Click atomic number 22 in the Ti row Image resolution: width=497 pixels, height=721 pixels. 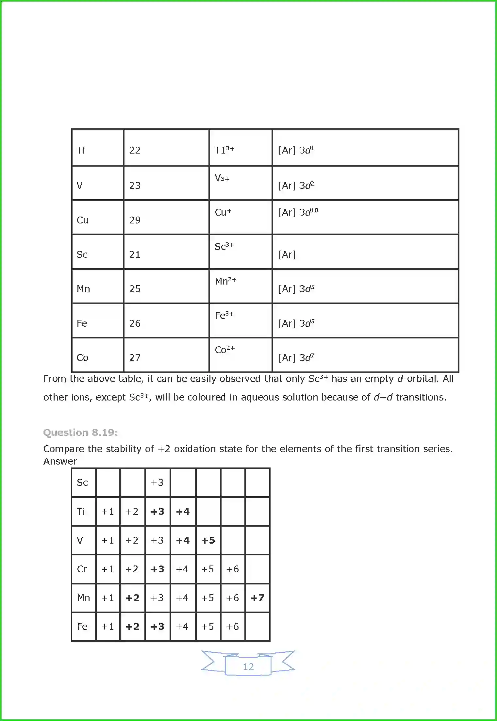point(135,150)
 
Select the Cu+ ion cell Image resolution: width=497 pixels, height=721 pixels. point(223,212)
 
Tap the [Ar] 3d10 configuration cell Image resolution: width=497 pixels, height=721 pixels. point(298,212)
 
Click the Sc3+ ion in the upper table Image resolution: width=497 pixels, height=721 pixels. point(224,247)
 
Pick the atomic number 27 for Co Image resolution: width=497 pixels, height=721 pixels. point(135,358)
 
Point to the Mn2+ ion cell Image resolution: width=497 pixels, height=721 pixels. point(225,281)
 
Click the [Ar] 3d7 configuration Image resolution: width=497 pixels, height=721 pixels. point(296,358)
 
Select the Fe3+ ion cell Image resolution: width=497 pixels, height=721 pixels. point(224,316)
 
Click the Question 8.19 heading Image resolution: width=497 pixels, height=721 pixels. point(80,433)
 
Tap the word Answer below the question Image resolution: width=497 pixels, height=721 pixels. point(60,461)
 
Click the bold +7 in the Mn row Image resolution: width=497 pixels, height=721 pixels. point(257,598)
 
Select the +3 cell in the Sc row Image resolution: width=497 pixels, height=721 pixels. point(157,483)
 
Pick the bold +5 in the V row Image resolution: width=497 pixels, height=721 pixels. point(208,540)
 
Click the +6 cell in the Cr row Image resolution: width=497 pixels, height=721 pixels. point(233,569)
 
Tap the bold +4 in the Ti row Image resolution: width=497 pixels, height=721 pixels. point(183,512)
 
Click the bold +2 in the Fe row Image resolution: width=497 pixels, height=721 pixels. point(132,627)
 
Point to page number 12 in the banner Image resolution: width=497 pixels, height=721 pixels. point(248,666)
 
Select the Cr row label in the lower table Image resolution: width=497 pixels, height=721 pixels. point(82,569)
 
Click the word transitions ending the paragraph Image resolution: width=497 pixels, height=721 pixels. point(421,397)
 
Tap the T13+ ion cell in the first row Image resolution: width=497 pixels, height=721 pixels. point(224,150)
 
